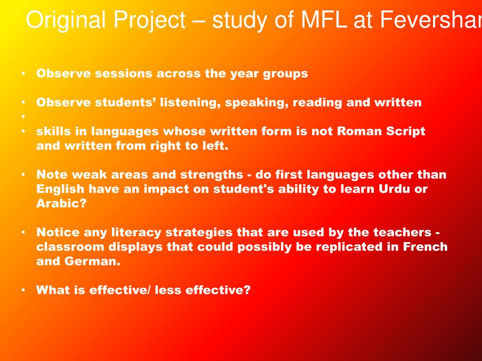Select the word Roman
(357, 131)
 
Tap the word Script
(405, 131)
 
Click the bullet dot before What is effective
(23, 290)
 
